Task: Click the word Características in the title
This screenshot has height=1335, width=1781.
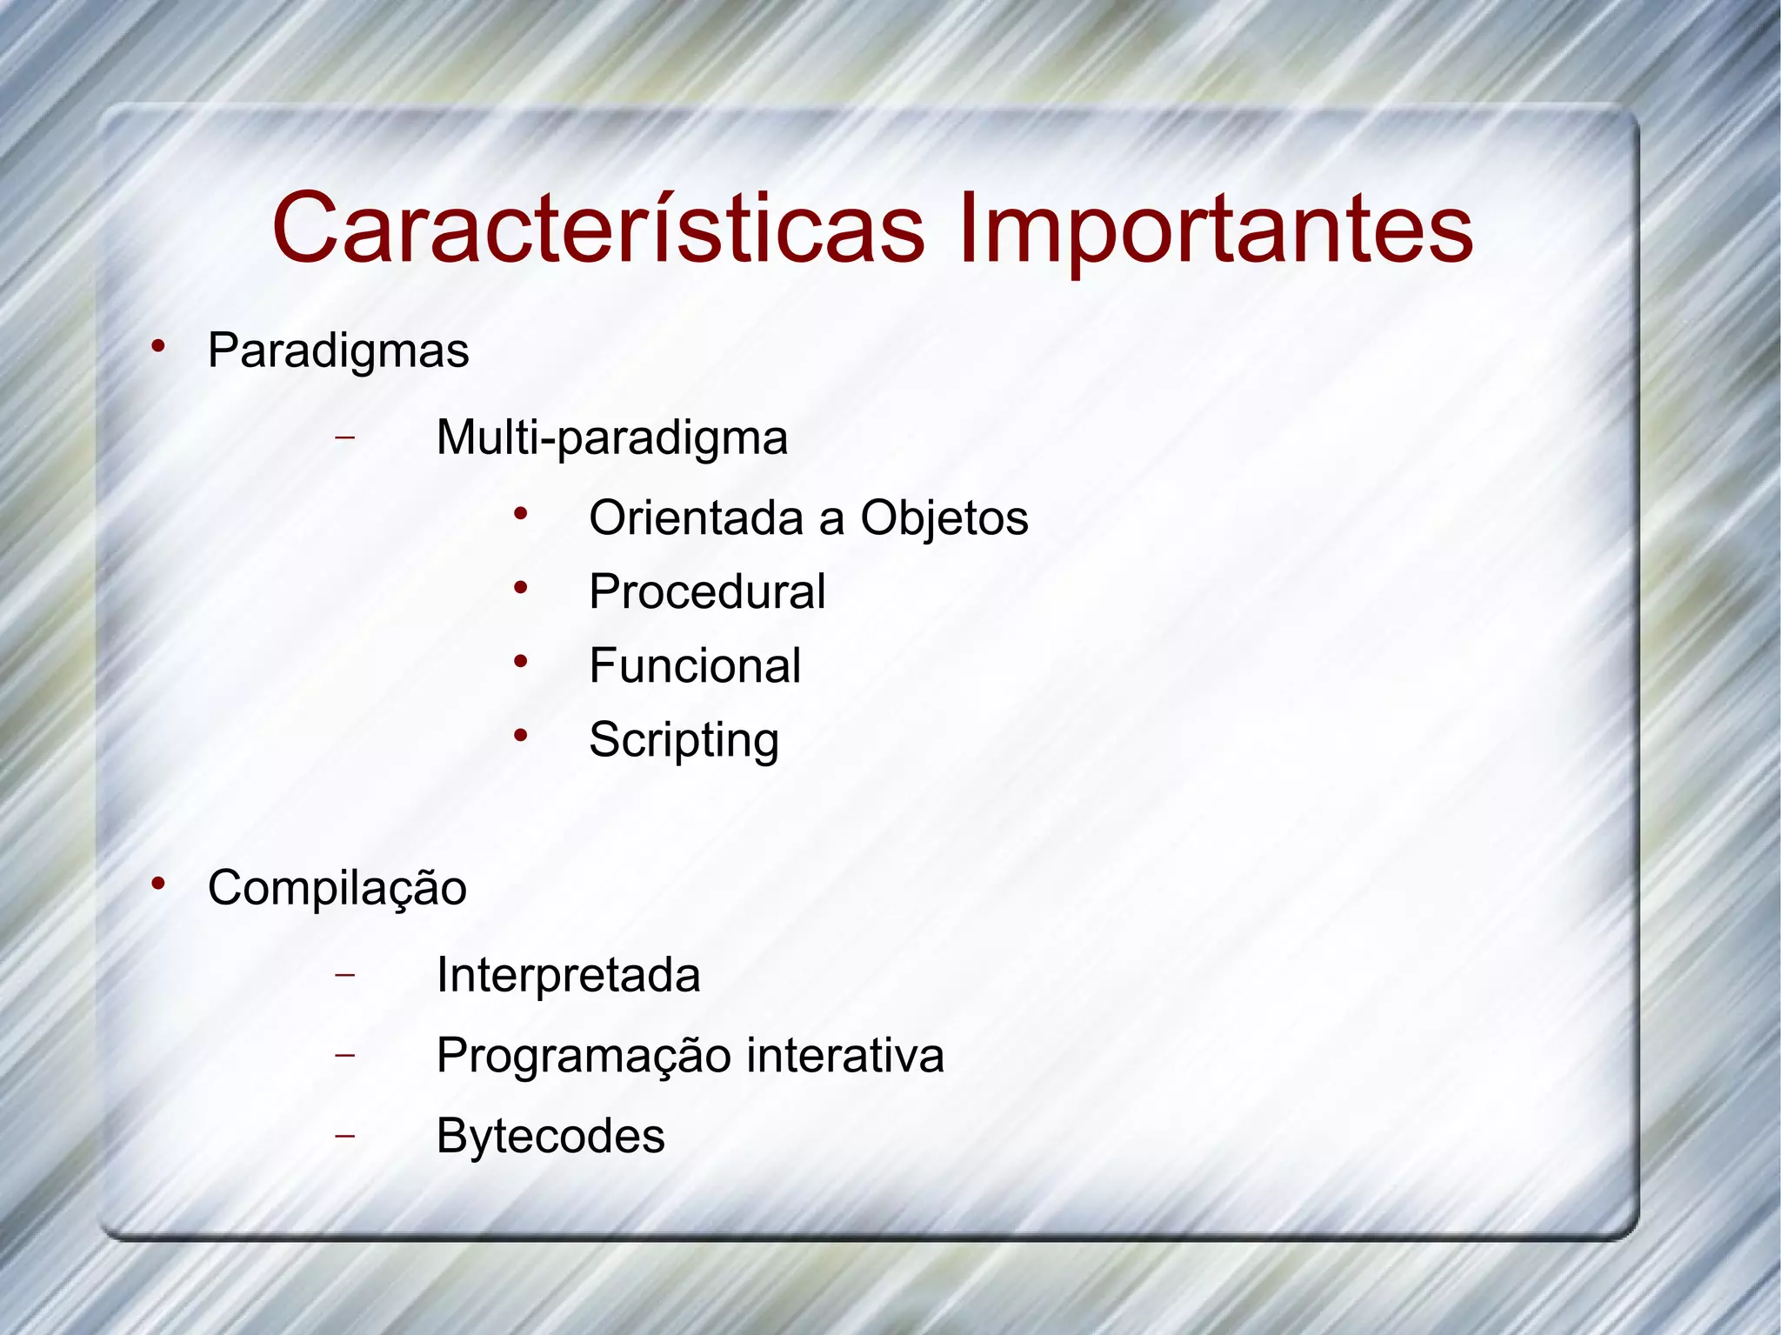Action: [x=598, y=228]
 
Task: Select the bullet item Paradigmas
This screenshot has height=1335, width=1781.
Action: [x=338, y=351]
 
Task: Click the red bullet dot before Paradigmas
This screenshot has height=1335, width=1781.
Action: [x=158, y=347]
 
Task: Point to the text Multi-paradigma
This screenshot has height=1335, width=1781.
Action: [x=611, y=437]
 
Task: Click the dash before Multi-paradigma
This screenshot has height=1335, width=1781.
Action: [x=345, y=437]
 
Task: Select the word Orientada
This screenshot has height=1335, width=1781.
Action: [x=696, y=518]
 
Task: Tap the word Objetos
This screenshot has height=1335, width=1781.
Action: [x=944, y=519]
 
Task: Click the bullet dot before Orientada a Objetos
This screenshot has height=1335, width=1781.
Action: [x=520, y=515]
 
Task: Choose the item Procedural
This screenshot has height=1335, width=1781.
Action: [x=707, y=592]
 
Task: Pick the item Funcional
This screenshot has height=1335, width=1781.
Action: [x=695, y=666]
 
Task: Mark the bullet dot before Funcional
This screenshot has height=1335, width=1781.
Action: [x=520, y=663]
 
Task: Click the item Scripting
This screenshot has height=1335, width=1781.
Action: [x=684, y=741]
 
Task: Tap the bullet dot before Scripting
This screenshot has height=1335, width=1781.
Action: [x=520, y=737]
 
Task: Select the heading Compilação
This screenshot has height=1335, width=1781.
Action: [x=337, y=888]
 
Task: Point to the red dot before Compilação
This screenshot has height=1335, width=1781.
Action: [x=158, y=884]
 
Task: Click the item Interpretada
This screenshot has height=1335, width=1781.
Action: [x=568, y=975]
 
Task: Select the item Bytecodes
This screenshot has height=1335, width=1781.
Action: [x=550, y=1136]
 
